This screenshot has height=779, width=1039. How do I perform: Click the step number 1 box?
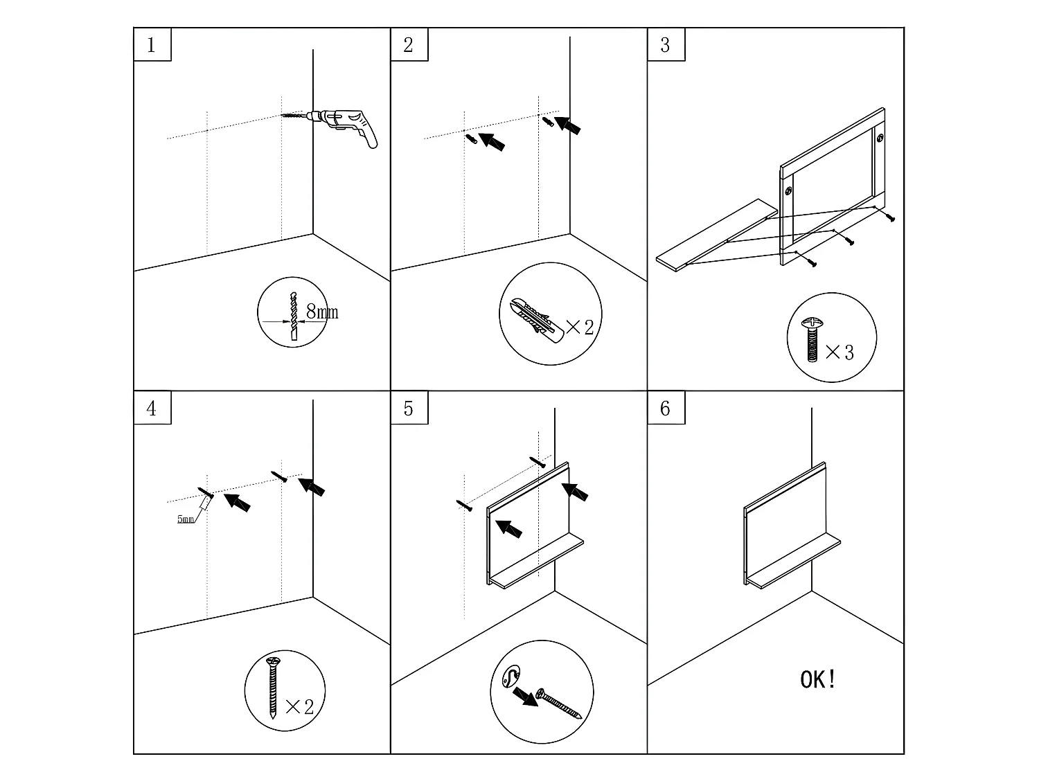tap(152, 45)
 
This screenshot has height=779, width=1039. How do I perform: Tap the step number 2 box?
tap(409, 45)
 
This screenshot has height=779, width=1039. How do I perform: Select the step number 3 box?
tap(666, 45)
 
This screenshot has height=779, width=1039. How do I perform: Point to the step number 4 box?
tap(152, 409)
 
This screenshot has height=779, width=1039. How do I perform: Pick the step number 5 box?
tap(409, 409)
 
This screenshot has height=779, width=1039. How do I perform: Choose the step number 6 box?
tap(666, 409)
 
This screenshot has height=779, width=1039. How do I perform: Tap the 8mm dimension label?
tap(322, 312)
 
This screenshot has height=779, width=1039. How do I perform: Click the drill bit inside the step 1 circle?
tap(295, 316)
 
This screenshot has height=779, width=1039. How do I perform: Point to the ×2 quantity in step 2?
tap(580, 327)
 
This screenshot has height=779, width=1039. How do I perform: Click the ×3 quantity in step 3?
tap(840, 352)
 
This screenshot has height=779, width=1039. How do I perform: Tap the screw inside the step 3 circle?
tap(811, 339)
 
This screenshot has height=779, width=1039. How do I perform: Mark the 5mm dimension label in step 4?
tap(186, 519)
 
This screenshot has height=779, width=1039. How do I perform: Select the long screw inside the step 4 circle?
tap(274, 688)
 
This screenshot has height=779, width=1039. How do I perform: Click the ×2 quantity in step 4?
tap(299, 706)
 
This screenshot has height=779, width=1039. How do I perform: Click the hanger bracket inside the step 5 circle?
tap(512, 675)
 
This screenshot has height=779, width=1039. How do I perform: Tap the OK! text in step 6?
tap(818, 679)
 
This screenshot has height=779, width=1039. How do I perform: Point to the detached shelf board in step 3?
tap(713, 235)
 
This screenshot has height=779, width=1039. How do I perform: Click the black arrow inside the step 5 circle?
tap(526, 696)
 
